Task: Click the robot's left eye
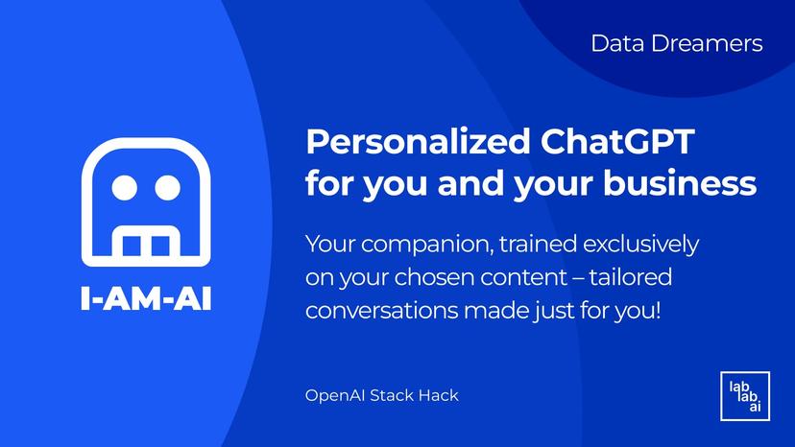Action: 126,186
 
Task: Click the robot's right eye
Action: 167,186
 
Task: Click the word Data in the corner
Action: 615,43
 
